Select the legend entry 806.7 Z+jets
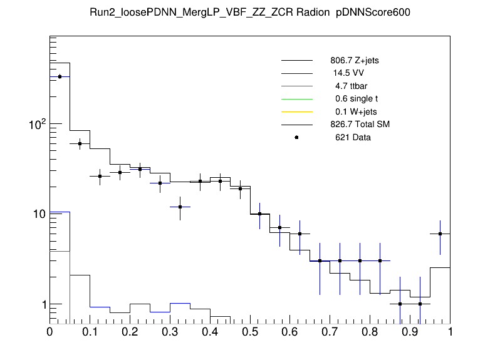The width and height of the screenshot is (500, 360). [x=354, y=61]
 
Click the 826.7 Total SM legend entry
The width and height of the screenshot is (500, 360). [x=360, y=124]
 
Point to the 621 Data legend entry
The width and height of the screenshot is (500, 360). [x=353, y=137]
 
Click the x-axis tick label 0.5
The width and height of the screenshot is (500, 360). [x=250, y=331]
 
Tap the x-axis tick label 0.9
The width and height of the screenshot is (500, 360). [x=410, y=331]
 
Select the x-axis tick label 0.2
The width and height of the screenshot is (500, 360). [x=130, y=331]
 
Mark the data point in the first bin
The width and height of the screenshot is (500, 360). [x=60, y=76]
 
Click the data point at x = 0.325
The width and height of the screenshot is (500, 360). [x=180, y=207]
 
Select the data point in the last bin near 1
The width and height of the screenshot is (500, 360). [x=440, y=234]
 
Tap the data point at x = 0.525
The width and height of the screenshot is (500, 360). [x=260, y=214]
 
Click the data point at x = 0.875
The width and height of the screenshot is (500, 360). [x=400, y=304]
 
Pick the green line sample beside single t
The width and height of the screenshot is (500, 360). [x=296, y=99]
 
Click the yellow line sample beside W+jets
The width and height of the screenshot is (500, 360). [x=296, y=111]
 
